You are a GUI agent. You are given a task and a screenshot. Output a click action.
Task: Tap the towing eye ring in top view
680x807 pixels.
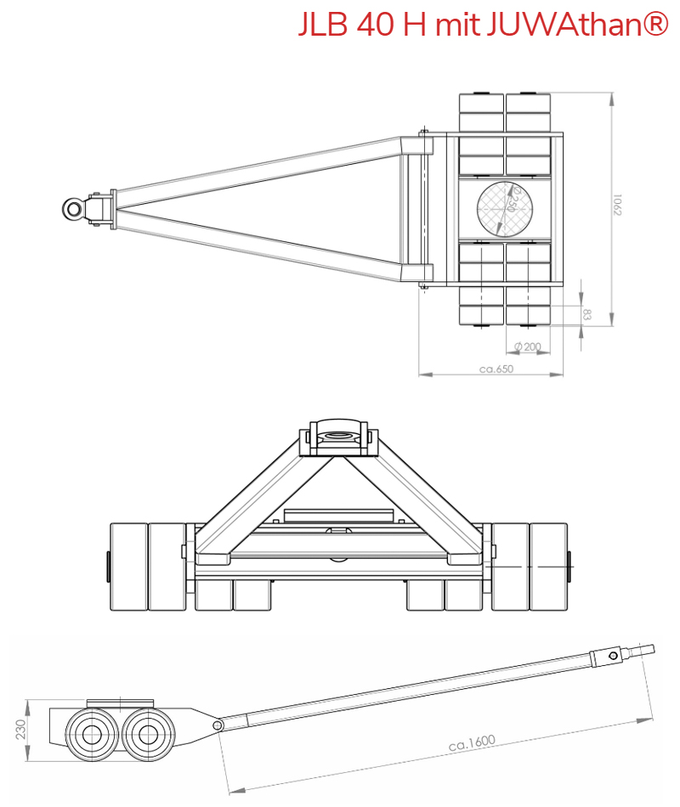pyautogui.click(x=74, y=208)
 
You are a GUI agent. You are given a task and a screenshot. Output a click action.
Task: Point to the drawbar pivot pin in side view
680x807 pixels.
pyautogui.click(x=218, y=725)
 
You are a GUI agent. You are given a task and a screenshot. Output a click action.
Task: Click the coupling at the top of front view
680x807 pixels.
pyautogui.click(x=337, y=436)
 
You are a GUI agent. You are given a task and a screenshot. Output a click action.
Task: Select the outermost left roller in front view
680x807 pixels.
pyautogui.click(x=127, y=567)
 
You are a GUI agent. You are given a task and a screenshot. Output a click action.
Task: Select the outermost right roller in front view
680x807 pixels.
pyautogui.click(x=549, y=567)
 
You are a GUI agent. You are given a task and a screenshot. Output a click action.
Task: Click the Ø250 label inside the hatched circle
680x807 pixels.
pyautogui.click(x=510, y=202)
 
